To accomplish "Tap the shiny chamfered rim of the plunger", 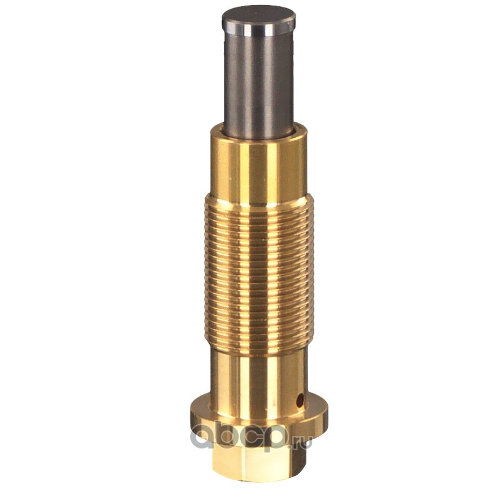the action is click(x=258, y=29).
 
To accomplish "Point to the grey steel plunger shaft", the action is click(x=258, y=83).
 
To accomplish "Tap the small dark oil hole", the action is click(x=300, y=400).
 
